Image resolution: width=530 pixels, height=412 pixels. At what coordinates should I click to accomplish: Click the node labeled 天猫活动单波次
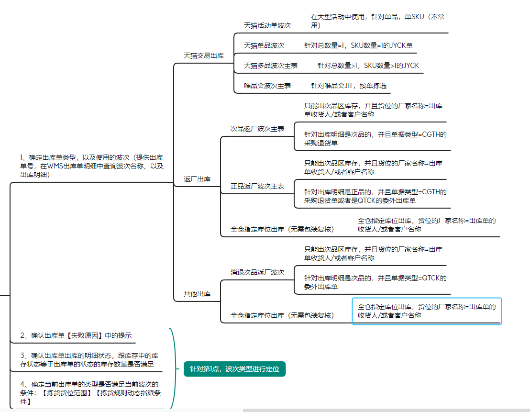coord(267,25)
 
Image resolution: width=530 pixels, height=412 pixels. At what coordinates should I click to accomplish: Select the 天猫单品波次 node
coord(264,45)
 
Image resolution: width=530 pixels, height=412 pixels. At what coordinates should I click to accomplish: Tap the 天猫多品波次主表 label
coord(270,66)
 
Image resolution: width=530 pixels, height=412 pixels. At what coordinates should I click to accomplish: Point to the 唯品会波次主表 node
coord(267,86)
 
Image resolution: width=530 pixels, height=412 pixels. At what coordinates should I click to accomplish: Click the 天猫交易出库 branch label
coord(203,56)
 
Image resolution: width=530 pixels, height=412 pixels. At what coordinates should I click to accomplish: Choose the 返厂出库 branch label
coord(197,179)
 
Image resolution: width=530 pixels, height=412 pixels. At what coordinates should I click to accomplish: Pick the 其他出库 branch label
coord(197,294)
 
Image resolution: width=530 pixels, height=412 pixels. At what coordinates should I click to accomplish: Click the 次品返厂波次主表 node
coord(257,129)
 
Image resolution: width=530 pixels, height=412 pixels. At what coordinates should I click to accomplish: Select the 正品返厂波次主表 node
coord(257,187)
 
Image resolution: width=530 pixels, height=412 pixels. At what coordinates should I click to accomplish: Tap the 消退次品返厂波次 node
coord(257,272)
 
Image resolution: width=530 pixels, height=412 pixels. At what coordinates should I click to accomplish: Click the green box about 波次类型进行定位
coord(234,369)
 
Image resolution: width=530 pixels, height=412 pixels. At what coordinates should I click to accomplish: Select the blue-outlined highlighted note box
coord(427,311)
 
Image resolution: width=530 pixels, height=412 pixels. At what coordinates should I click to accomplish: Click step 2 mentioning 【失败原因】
coord(76,335)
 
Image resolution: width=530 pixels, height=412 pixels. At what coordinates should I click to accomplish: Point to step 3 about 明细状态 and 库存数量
coord(89,360)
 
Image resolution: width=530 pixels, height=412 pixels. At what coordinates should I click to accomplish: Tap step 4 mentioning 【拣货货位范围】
coord(90,393)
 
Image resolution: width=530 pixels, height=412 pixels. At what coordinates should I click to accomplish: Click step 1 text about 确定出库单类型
coord(91,166)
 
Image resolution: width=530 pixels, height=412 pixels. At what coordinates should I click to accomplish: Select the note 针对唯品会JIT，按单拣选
coord(349,86)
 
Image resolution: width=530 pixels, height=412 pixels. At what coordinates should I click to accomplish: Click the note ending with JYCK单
coord(358,45)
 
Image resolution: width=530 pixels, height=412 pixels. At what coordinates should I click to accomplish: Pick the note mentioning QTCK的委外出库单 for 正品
coord(375,196)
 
